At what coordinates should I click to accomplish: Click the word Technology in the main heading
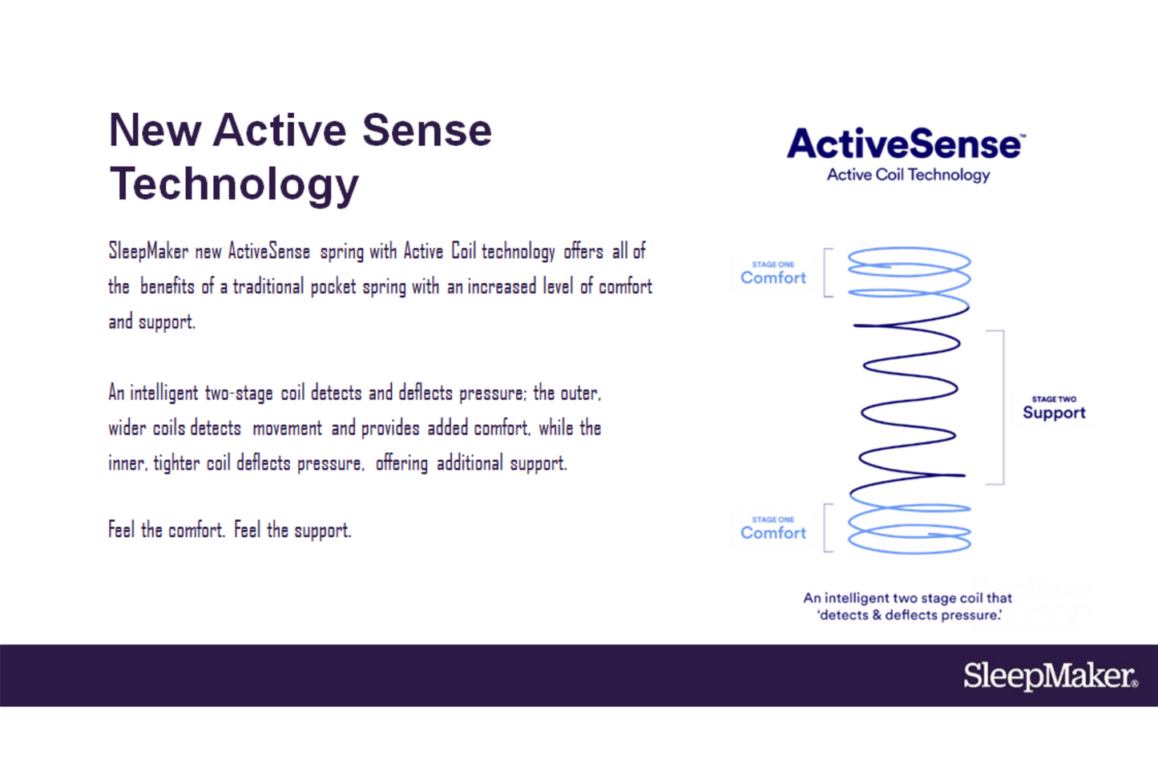(234, 184)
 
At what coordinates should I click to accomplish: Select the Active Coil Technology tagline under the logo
(908, 175)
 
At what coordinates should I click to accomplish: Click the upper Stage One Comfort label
(773, 273)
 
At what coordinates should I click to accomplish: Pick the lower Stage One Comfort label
(773, 528)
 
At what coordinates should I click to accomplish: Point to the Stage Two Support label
(1054, 407)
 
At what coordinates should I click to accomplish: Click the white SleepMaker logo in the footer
(1051, 675)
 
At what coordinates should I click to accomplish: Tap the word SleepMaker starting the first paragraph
(148, 251)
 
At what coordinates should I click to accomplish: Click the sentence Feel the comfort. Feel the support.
(230, 529)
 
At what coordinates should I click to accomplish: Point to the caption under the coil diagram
(908, 607)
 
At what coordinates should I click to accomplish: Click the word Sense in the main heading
(427, 131)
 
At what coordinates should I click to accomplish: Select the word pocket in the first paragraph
(333, 286)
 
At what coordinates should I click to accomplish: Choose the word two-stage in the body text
(239, 393)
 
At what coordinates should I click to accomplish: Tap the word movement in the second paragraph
(288, 428)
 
